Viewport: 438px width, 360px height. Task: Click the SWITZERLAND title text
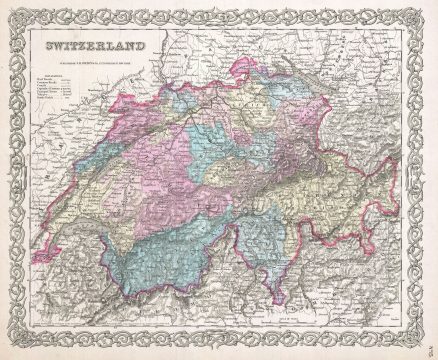click(x=93, y=48)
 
